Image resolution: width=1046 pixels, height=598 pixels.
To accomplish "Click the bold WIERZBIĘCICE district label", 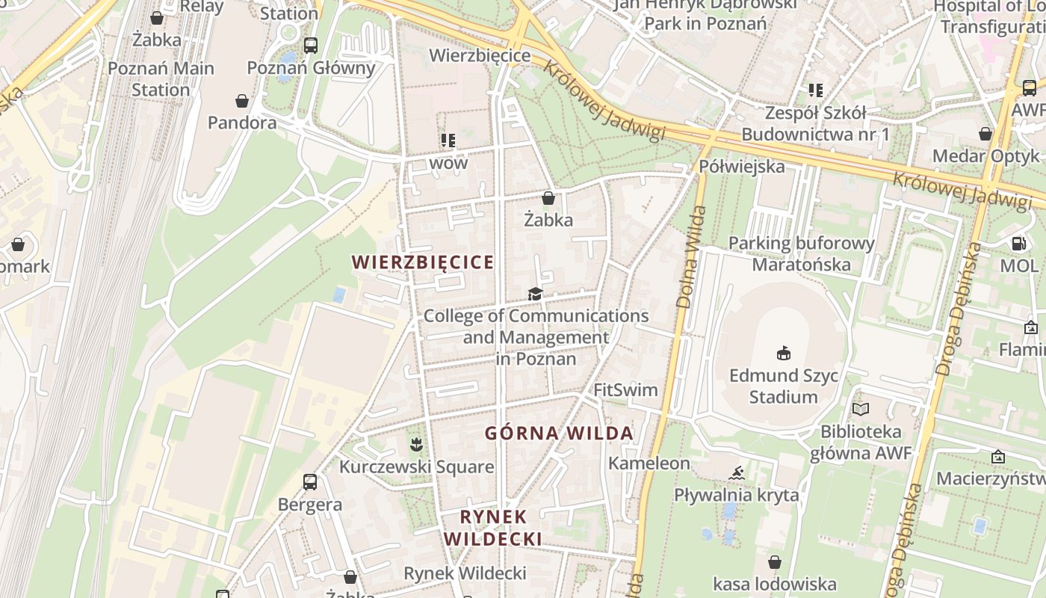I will [423, 262].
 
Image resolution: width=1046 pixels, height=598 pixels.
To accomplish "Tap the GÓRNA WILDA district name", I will [559, 434].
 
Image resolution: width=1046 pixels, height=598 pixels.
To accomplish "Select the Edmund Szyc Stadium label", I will [783, 386].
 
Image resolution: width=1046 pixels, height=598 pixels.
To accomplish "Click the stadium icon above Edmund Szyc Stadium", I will [783, 353].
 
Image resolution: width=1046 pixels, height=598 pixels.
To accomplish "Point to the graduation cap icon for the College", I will [535, 294].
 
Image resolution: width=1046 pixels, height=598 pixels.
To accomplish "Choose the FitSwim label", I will [625, 390].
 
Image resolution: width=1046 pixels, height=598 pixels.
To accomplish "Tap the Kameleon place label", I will [649, 463].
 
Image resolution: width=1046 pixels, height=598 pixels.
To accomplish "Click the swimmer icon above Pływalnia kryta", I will [737, 473].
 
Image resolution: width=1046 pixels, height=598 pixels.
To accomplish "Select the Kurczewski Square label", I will [417, 467].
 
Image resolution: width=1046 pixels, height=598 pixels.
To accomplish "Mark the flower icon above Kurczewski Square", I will [416, 446].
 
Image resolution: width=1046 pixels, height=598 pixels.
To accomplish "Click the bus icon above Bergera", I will [310, 482].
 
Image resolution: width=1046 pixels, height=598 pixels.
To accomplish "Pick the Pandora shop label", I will [242, 123].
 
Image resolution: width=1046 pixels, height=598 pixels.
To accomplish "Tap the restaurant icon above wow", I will [448, 140].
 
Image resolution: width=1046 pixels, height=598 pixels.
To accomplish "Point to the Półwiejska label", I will [742, 166].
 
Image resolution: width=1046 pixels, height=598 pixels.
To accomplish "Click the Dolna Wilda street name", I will [691, 258].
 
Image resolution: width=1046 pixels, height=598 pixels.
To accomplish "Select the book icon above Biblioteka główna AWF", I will [861, 409].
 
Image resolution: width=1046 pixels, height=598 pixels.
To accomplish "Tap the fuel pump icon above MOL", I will [1018, 244].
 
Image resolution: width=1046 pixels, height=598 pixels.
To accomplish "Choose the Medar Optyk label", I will [985, 156].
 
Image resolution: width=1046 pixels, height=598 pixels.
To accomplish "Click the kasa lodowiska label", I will [775, 584].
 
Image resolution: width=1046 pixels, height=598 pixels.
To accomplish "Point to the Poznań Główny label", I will [311, 68].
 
